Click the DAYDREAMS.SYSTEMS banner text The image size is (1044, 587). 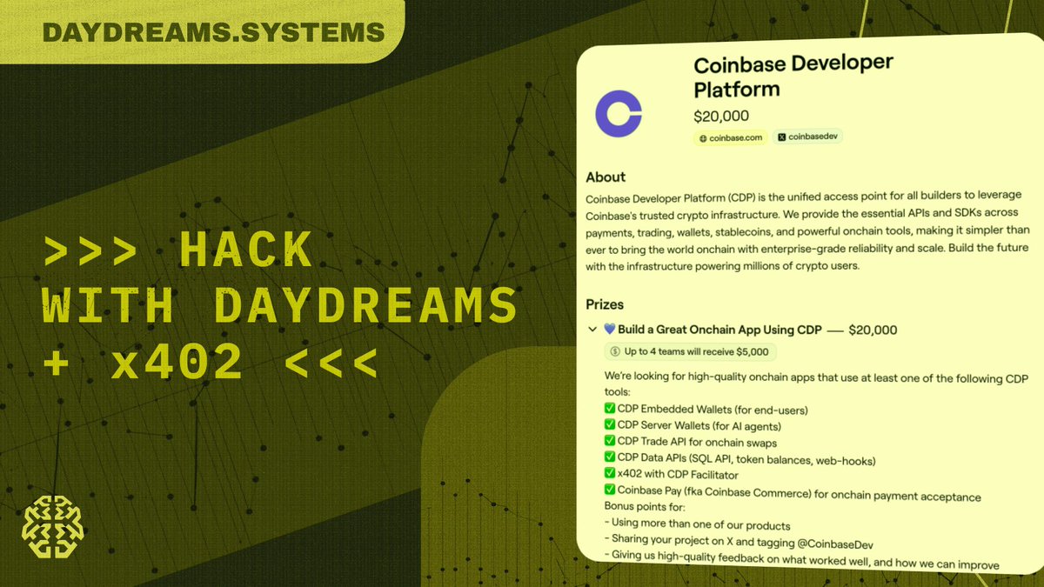(213, 32)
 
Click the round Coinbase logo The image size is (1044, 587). (618, 114)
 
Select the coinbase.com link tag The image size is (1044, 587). (730, 137)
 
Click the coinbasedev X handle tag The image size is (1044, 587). (808, 137)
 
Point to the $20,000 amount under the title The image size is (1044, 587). (721, 116)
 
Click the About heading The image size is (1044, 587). (606, 177)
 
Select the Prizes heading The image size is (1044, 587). (605, 305)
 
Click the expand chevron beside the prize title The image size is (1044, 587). (592, 330)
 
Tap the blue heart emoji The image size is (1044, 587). (609, 330)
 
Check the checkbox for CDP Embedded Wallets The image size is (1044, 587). (609, 409)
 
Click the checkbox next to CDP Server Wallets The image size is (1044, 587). (609, 426)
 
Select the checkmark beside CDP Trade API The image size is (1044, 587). (609, 443)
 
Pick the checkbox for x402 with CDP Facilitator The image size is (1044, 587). (609, 475)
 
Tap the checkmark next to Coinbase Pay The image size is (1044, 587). (609, 491)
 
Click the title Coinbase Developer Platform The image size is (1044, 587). (793, 77)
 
